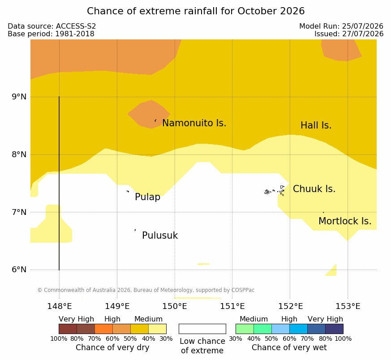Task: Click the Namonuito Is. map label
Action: point(194,123)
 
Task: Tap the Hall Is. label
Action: point(316,125)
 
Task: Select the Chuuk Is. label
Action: point(314,189)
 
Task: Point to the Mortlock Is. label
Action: point(345,221)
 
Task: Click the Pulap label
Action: point(148,197)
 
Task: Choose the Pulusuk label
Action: point(160,236)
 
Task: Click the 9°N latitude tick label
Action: point(19,97)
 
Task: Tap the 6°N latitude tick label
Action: point(19,270)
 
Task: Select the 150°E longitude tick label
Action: point(175,306)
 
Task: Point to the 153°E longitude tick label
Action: point(348,306)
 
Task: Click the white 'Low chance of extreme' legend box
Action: point(202,329)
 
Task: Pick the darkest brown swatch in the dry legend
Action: point(68,329)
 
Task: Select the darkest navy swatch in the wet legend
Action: point(334,329)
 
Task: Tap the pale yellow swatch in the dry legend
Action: point(157,329)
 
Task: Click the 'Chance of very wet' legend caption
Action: point(289,347)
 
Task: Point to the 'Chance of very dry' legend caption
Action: point(112,347)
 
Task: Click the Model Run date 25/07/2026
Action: point(363,26)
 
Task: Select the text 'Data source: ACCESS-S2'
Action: point(52,26)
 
